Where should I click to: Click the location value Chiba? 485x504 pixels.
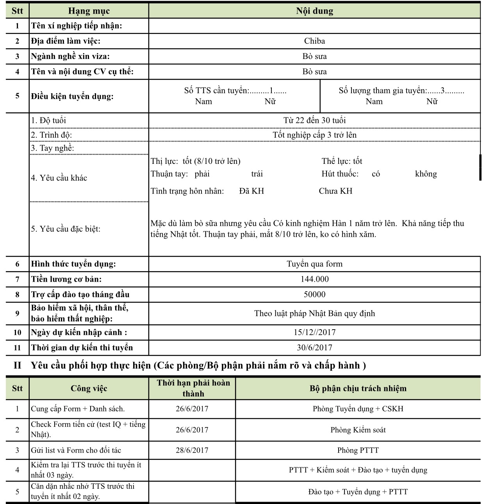(x=314, y=41)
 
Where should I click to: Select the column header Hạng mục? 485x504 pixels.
(x=89, y=11)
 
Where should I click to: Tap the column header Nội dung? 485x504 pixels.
(x=314, y=11)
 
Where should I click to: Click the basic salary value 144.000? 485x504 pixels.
(x=314, y=279)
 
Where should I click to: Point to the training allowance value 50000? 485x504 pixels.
(x=314, y=295)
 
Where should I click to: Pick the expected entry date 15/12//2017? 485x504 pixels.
(x=314, y=332)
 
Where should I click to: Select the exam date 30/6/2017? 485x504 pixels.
(x=314, y=348)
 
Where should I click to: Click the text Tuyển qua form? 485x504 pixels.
(x=314, y=264)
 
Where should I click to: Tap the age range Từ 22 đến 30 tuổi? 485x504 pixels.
(x=314, y=120)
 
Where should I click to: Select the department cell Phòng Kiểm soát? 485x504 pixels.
(x=358, y=430)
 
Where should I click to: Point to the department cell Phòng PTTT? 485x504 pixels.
(x=358, y=450)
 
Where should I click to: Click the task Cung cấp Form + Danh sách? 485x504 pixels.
(x=78, y=409)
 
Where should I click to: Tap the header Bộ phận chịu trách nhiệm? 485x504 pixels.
(x=358, y=389)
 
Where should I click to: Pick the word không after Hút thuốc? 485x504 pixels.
(x=426, y=174)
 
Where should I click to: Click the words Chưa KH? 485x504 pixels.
(x=335, y=191)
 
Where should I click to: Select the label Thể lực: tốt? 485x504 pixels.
(x=342, y=161)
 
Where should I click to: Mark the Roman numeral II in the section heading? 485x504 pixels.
(x=18, y=366)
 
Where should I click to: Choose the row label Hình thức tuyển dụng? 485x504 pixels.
(x=73, y=264)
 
